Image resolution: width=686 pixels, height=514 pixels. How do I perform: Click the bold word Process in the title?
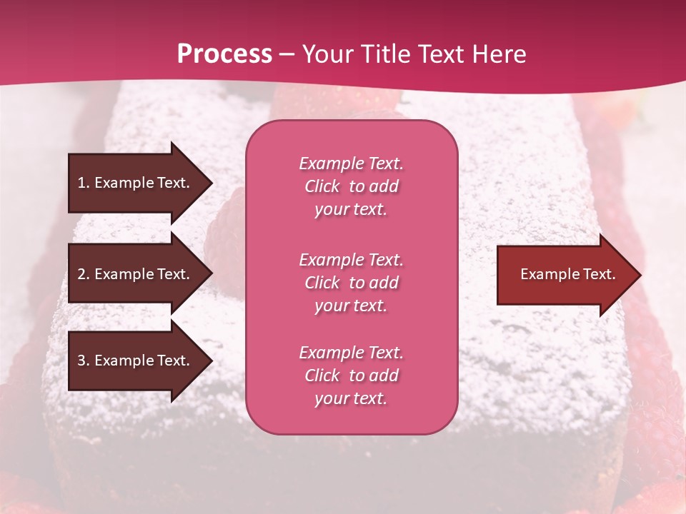click(x=224, y=54)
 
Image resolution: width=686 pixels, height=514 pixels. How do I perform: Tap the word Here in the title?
click(x=499, y=54)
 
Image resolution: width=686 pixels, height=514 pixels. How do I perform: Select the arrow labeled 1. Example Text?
click(x=136, y=183)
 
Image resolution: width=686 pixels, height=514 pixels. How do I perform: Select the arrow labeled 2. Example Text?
click(x=136, y=274)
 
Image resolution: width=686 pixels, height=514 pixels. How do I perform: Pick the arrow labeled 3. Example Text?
click(x=136, y=361)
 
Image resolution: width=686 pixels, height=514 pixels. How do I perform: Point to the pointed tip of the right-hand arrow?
click(x=640, y=275)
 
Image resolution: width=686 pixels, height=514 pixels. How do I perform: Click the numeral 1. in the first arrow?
click(x=83, y=183)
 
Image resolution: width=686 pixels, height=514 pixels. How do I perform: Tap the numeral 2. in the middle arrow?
click(x=83, y=274)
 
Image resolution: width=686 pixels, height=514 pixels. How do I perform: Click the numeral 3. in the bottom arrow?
click(x=83, y=361)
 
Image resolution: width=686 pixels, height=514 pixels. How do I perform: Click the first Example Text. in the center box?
click(x=351, y=163)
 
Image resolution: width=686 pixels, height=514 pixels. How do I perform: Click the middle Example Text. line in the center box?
click(x=351, y=259)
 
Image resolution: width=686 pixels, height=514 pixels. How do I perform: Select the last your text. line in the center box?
click(x=351, y=398)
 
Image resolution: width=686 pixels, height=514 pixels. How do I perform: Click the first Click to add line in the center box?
click(x=351, y=186)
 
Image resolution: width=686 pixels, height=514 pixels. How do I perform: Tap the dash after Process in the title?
click(x=287, y=54)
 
